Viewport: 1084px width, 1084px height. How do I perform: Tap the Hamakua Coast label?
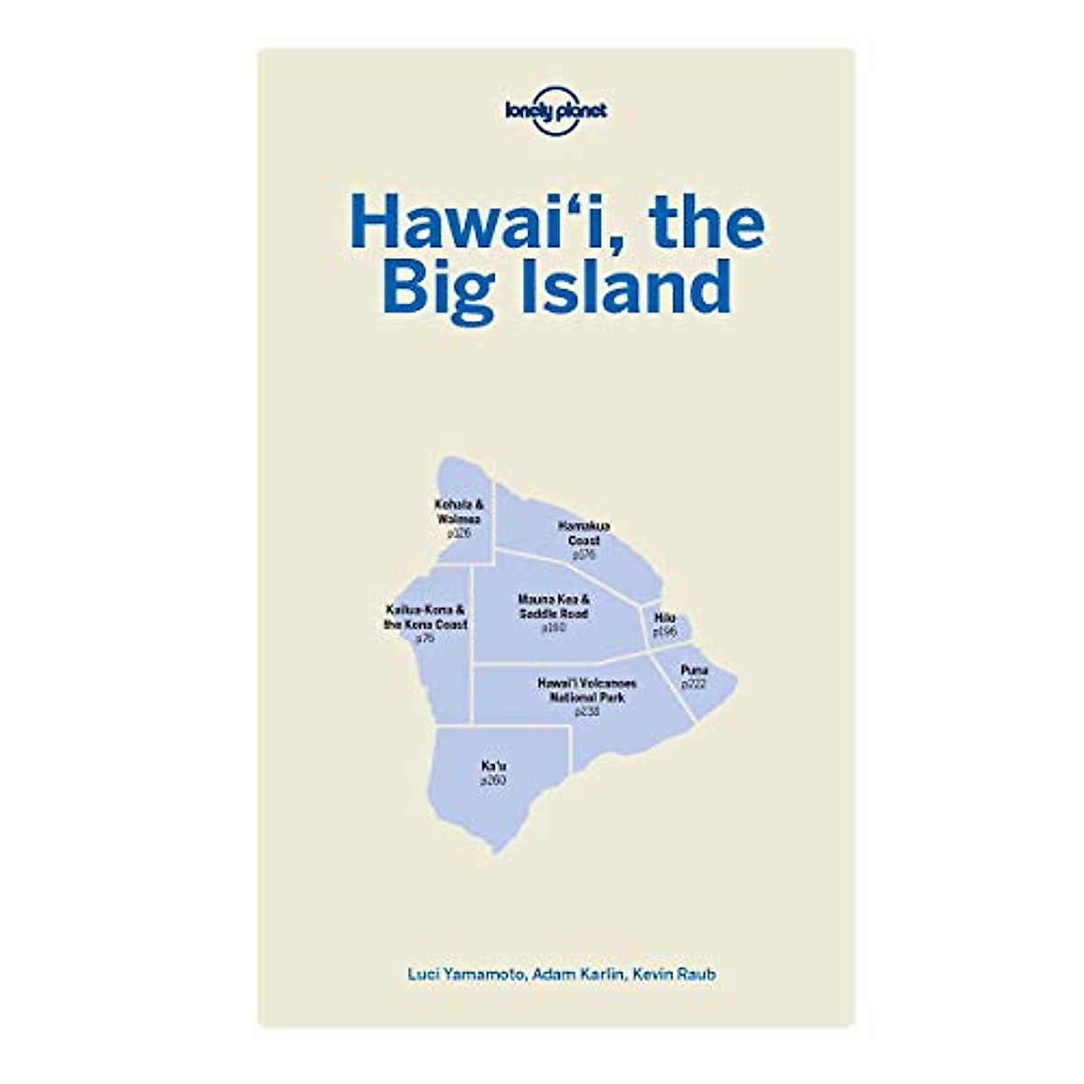click(584, 533)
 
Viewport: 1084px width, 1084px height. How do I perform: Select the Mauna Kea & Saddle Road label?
click(554, 606)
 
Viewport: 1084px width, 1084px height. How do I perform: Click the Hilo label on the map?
click(665, 618)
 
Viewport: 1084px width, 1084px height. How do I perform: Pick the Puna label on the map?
click(694, 670)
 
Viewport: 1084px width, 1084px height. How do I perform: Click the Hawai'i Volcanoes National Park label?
click(586, 690)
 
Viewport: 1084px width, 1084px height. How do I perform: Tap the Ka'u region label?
click(493, 766)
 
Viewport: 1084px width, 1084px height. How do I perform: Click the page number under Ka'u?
click(493, 780)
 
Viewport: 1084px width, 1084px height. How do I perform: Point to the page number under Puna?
click(694, 684)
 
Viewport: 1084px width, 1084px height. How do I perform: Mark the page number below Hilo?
click(665, 631)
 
